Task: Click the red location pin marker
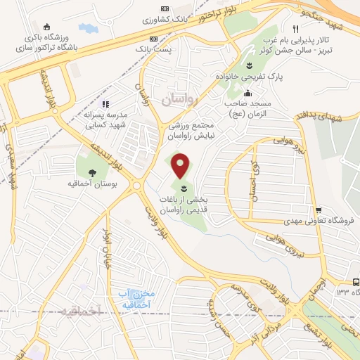(181, 165)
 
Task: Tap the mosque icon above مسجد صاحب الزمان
(248, 93)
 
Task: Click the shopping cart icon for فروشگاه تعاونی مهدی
(319, 210)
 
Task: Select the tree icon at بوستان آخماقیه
(92, 172)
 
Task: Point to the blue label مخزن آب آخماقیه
(132, 300)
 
